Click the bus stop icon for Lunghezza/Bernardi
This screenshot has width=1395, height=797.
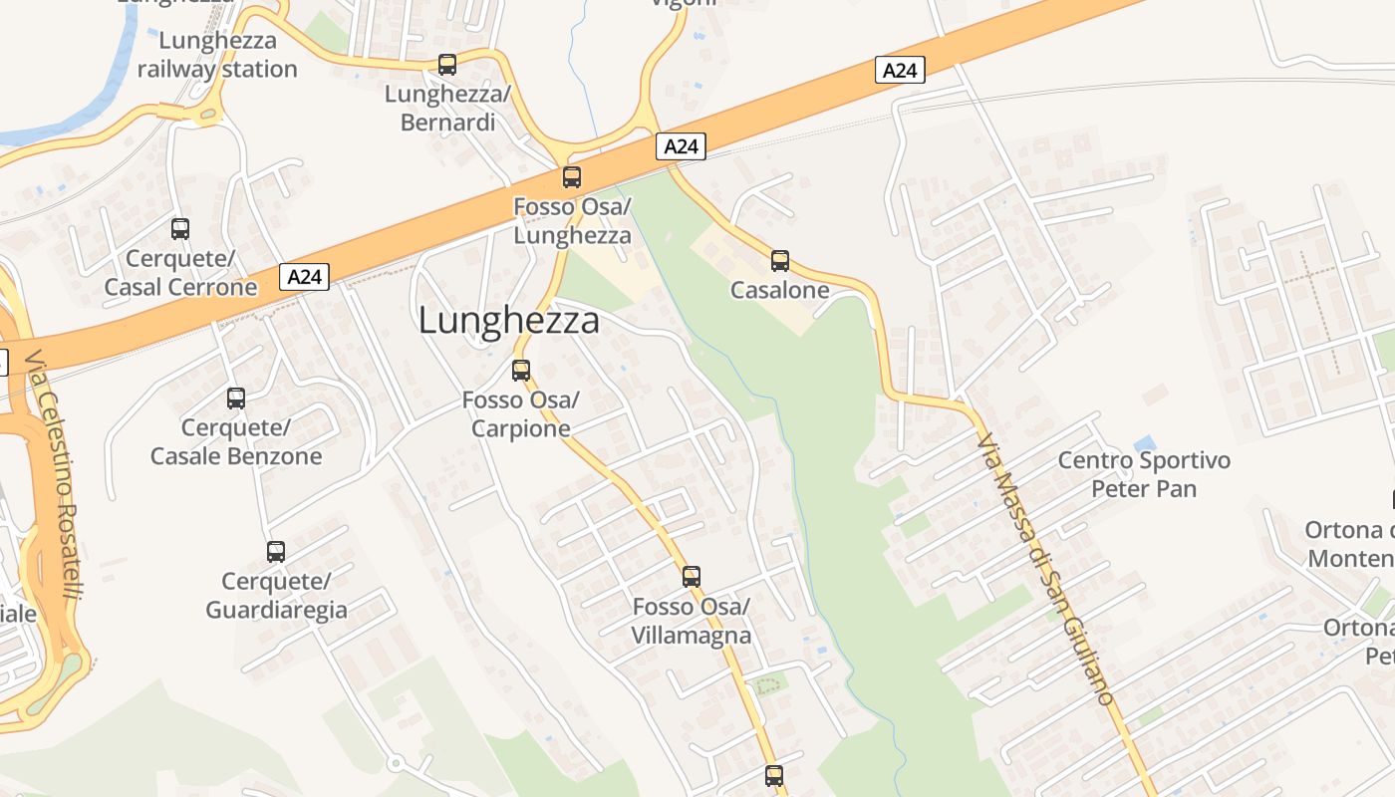[447, 65]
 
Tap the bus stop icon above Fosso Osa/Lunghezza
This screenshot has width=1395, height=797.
[572, 177]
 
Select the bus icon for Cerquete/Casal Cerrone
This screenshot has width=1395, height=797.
[180, 229]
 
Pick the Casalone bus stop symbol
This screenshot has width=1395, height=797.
[780, 261]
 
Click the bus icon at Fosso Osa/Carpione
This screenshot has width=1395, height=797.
[521, 371]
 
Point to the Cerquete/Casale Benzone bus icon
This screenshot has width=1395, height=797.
[236, 398]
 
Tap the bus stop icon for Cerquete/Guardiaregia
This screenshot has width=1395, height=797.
[276, 552]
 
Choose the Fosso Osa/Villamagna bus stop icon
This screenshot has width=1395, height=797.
[692, 576]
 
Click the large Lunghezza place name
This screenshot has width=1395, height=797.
[508, 321]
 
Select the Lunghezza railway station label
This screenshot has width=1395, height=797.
[217, 55]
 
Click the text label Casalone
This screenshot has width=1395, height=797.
[779, 290]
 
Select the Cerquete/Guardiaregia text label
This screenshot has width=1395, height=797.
[276, 595]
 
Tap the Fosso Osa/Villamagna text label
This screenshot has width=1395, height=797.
[692, 621]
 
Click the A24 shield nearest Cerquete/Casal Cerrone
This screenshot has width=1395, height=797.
[304, 276]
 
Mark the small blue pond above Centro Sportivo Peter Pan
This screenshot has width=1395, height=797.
[1145, 441]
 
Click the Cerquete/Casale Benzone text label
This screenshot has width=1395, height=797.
[236, 442]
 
